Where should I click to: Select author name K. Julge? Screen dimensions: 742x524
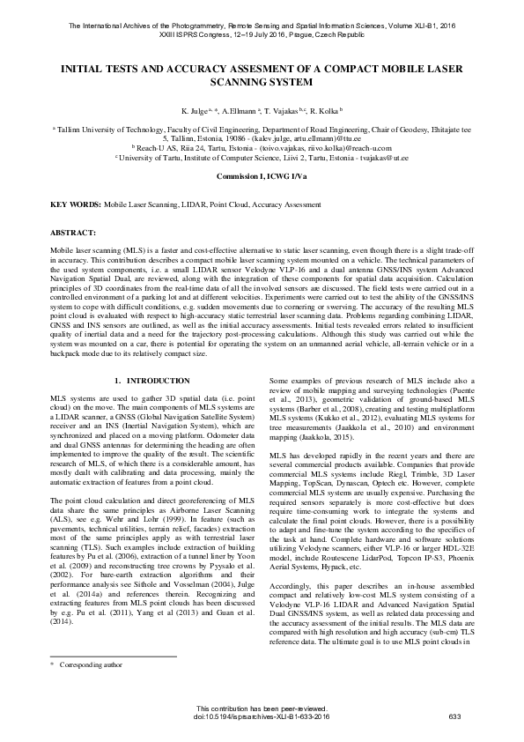(195, 112)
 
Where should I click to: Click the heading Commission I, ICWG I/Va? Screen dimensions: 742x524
(262, 175)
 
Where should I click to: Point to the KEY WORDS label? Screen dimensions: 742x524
(76, 204)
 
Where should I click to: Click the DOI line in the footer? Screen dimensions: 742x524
(262, 716)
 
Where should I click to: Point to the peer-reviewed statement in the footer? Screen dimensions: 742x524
(262, 709)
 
